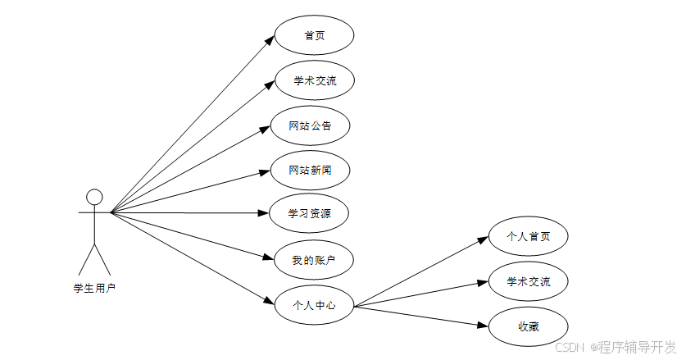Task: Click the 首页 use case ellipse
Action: pos(314,36)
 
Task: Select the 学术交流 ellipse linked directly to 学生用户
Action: pos(314,80)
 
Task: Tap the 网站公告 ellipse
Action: pos(311,125)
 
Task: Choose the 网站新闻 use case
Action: pos(311,170)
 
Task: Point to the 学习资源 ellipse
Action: pos(310,214)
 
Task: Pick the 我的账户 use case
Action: pos(312,260)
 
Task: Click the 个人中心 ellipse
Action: pos(314,305)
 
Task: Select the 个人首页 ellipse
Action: pos(529,236)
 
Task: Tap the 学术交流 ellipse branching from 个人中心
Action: pos(529,282)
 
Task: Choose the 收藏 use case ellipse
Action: pos(529,326)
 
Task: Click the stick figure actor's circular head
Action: pos(94,197)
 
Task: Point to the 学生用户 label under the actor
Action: pos(94,288)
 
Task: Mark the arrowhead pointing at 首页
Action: pos(270,39)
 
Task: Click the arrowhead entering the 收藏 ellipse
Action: pos(484,325)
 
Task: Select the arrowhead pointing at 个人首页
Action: pos(484,239)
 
